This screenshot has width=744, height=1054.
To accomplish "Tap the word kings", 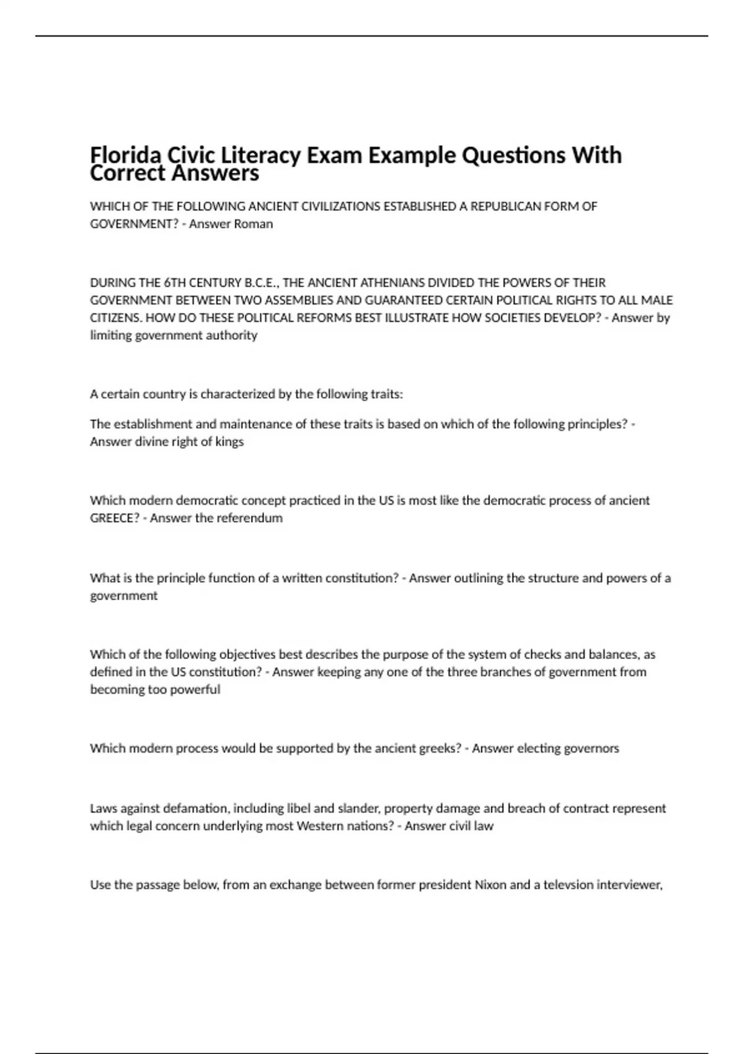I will [x=229, y=442].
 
